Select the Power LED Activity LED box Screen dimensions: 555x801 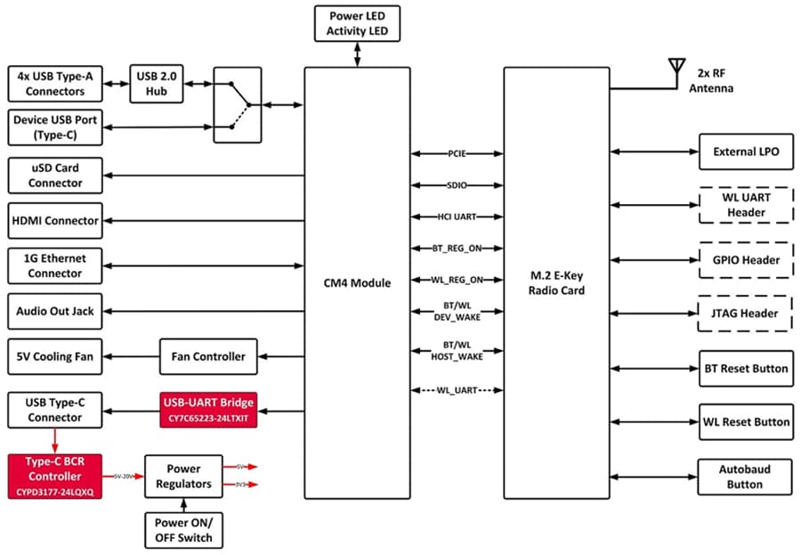358,24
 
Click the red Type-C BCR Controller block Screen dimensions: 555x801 55,476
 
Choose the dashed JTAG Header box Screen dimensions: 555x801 746,314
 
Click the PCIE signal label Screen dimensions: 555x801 457,154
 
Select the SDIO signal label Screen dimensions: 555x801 457,185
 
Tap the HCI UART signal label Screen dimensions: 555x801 457,216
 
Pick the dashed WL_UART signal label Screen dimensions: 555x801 457,390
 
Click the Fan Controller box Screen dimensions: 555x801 208,356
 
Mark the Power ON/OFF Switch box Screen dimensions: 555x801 182,530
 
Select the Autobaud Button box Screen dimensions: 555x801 745,477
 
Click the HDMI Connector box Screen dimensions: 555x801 55,220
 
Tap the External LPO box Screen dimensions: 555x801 746,151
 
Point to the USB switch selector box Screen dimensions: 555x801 238,105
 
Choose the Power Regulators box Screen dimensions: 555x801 182,476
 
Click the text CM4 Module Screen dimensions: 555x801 357,283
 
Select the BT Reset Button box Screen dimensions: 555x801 746,368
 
